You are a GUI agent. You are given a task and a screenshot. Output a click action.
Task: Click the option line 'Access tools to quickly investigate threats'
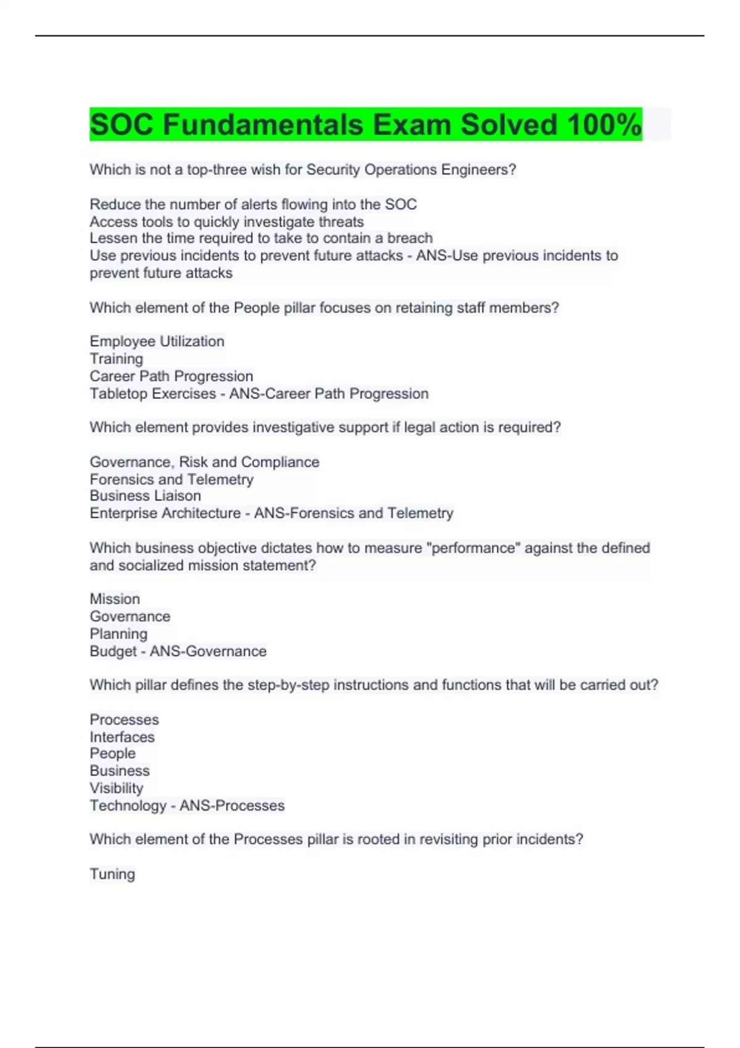226,222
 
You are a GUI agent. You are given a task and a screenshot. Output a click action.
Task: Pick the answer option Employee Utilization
157,342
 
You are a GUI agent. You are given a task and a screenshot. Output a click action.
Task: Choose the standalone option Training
116,359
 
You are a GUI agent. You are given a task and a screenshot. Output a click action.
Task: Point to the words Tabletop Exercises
152,393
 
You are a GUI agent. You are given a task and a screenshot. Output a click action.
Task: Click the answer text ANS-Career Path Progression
329,393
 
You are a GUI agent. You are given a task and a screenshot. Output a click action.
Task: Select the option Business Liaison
145,496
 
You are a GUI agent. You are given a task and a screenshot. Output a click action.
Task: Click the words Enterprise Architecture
165,513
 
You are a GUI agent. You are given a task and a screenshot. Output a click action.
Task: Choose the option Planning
118,634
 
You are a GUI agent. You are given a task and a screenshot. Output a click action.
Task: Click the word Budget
113,651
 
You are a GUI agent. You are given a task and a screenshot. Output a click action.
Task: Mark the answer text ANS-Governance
208,651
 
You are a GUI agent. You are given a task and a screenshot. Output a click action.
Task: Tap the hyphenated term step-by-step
288,685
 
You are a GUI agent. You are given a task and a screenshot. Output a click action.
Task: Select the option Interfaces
122,737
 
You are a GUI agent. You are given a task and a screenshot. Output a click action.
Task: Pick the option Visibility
116,788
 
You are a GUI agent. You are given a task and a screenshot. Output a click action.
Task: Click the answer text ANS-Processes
232,805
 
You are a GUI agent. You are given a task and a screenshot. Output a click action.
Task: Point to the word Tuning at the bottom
112,874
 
